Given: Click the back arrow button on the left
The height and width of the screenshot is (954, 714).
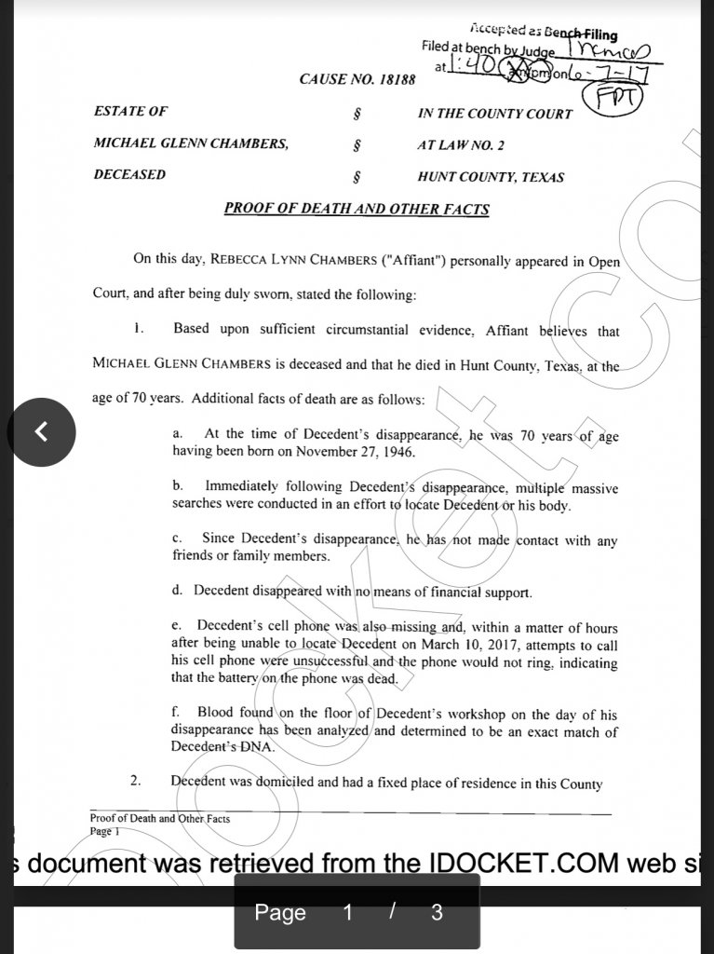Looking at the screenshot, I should coord(41,431).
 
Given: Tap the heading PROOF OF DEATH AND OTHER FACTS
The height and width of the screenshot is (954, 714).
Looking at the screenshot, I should coord(357,209).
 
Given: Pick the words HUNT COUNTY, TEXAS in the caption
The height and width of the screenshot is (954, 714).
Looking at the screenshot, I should coord(491,177).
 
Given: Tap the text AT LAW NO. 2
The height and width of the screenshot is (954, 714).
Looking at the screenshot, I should coord(461,145).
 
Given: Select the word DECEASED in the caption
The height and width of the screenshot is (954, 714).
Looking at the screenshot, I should coord(129,175).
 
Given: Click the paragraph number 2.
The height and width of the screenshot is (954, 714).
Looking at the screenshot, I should coord(135,782).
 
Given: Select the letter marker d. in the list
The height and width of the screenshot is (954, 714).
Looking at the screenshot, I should coord(177,591).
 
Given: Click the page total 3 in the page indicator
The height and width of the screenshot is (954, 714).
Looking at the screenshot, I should coord(438,912).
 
